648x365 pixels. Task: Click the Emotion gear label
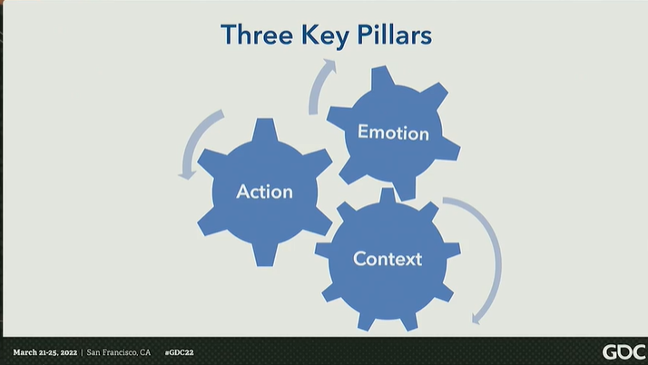tap(393, 133)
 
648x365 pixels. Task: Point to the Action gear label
tap(264, 192)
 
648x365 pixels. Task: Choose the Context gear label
tap(388, 259)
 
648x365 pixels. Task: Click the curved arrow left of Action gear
tap(198, 141)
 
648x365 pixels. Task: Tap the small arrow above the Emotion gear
tap(319, 86)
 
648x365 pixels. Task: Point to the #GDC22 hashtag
tap(179, 351)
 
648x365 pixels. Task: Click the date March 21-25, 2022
tap(44, 351)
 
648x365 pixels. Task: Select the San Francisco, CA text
tap(119, 351)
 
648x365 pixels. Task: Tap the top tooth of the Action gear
tap(264, 127)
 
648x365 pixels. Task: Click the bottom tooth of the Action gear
tap(264, 256)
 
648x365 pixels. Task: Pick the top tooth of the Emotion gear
tap(382, 77)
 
